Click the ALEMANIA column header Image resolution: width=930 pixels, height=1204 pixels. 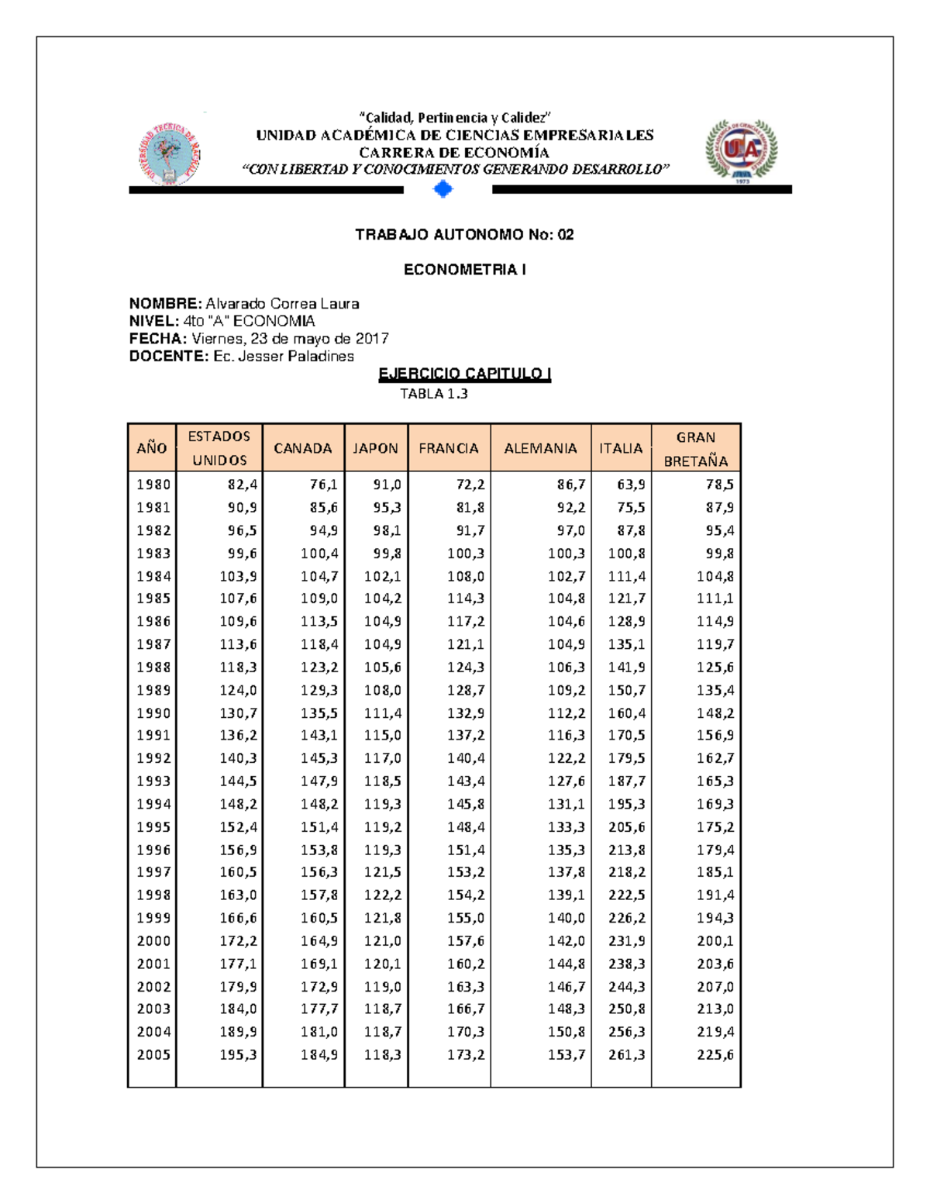pyautogui.click(x=540, y=448)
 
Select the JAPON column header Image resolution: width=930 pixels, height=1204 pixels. pyautogui.click(x=375, y=448)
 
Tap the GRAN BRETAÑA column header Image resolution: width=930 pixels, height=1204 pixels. pyautogui.click(x=695, y=448)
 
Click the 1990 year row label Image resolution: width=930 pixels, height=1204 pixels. pyautogui.click(x=153, y=712)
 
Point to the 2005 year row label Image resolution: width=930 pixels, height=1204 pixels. pyautogui.click(x=153, y=1054)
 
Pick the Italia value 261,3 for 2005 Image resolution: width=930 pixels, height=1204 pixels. pyautogui.click(x=626, y=1054)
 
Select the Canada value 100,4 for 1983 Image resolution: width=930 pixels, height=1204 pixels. pyautogui.click(x=319, y=554)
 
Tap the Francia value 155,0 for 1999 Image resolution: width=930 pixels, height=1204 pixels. pyautogui.click(x=466, y=918)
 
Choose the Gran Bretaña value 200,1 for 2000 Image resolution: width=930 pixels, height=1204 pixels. pyautogui.click(x=715, y=940)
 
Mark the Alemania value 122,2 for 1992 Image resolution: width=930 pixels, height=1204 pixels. pyautogui.click(x=567, y=758)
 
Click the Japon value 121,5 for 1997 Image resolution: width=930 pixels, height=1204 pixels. pyautogui.click(x=383, y=872)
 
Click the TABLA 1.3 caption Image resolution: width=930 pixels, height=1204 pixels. pyautogui.click(x=433, y=394)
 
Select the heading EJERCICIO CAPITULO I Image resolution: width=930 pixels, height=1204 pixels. pyautogui.click(x=464, y=374)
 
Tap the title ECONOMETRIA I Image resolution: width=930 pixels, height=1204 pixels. pyautogui.click(x=464, y=270)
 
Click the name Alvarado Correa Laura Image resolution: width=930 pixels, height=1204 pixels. pyautogui.click(x=282, y=304)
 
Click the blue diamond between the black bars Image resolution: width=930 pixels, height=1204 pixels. pyautogui.click(x=443, y=189)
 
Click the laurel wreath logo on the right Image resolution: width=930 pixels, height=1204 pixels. pyautogui.click(x=741, y=151)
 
